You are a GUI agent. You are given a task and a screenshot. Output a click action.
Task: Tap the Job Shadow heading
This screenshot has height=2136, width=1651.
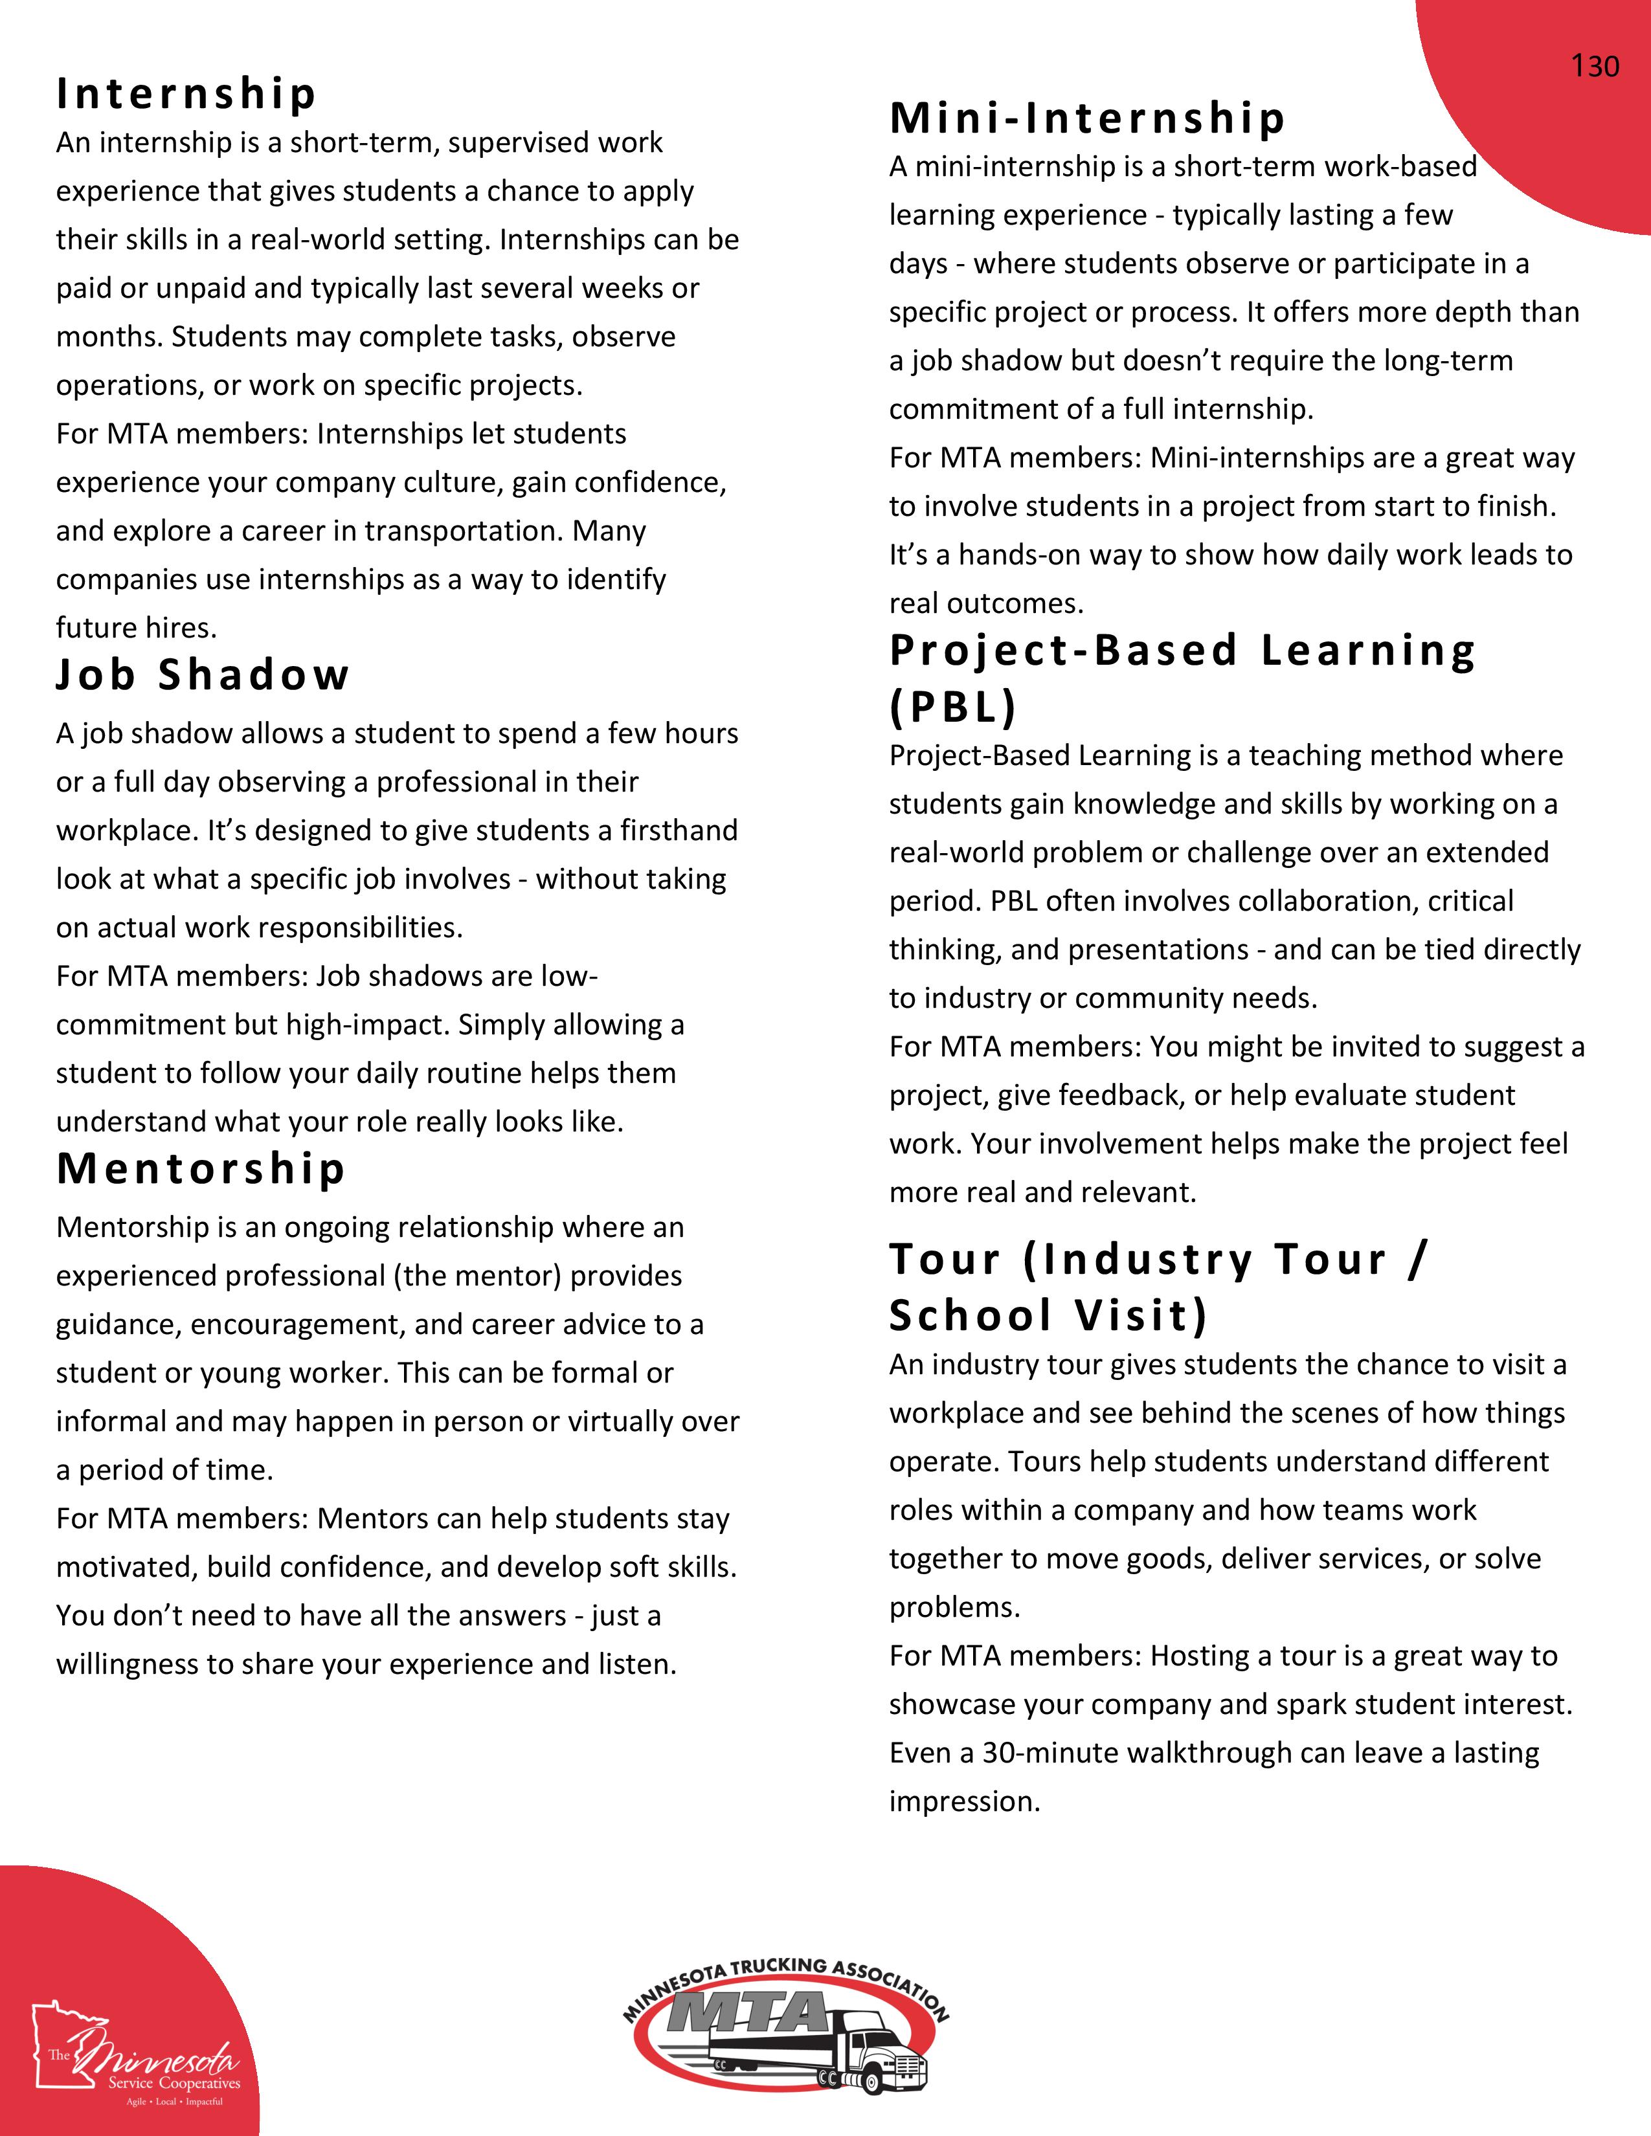pos(203,675)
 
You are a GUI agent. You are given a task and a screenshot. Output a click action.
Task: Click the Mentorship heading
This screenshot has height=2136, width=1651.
pos(201,1169)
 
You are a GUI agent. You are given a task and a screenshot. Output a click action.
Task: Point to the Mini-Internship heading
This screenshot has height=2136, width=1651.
pos(1086,118)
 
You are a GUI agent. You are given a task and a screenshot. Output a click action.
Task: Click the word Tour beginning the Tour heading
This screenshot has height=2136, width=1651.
pos(945,1259)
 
